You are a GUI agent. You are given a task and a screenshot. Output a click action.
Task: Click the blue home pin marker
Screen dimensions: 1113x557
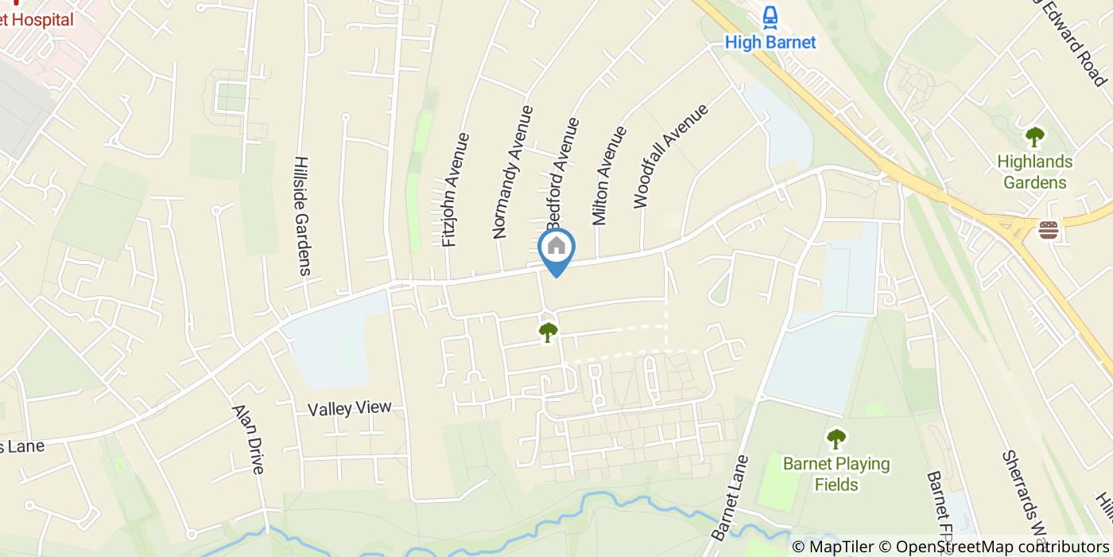click(556, 249)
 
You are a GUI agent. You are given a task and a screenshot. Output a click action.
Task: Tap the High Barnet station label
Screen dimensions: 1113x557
click(770, 42)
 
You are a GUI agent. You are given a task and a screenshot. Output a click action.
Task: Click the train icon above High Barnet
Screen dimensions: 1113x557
click(770, 17)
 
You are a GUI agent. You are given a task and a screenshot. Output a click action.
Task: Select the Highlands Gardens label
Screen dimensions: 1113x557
click(1034, 172)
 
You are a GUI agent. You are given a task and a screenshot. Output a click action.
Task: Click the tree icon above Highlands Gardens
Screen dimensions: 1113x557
click(1034, 138)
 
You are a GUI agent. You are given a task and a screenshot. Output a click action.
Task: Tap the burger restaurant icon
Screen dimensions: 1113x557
click(1049, 230)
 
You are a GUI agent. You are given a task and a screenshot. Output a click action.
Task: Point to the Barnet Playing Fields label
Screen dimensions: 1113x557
click(836, 473)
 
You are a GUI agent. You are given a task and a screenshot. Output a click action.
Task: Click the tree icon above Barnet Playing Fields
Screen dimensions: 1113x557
click(836, 438)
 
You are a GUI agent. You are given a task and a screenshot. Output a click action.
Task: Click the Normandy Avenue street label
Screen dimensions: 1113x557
click(511, 172)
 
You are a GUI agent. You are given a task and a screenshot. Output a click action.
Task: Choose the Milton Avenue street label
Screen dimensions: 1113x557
click(609, 175)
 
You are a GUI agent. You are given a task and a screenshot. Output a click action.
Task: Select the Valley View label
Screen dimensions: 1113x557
click(350, 408)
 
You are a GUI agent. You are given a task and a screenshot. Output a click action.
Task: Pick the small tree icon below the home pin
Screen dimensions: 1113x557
click(548, 332)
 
